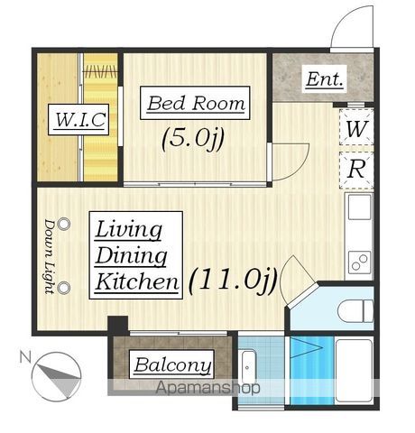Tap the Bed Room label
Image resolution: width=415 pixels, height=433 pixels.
[195, 103]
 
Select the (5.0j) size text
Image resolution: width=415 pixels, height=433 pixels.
[193, 139]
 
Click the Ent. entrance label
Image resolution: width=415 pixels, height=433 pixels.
[324, 79]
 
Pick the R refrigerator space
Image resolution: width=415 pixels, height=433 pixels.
[356, 170]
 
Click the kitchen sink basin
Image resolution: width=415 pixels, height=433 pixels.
[359, 207]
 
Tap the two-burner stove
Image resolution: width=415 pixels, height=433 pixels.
[359, 262]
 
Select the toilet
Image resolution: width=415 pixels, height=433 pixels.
[355, 311]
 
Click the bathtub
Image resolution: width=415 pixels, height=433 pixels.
[355, 371]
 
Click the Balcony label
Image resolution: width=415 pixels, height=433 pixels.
[171, 364]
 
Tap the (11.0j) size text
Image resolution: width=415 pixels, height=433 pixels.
[233, 281]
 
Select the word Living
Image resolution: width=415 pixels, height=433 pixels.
[128, 230]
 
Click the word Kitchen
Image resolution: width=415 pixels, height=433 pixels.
[137, 281]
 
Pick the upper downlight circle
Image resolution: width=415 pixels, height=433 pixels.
[64, 224]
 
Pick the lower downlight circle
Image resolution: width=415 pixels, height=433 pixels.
[64, 288]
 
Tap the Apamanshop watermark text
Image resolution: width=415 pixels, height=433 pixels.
[207, 387]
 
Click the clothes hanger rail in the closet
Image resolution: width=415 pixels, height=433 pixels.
[100, 72]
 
